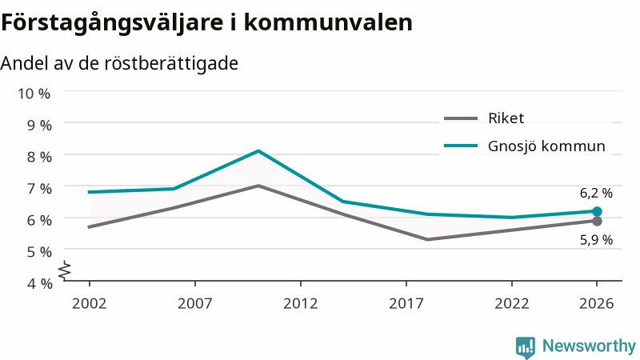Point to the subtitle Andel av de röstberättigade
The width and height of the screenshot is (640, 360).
click(x=119, y=64)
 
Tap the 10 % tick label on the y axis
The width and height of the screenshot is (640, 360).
click(x=34, y=94)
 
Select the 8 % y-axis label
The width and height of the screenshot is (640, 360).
click(x=39, y=157)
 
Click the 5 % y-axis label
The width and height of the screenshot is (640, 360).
click(x=39, y=252)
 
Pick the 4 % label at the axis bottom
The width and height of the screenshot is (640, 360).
click(x=39, y=283)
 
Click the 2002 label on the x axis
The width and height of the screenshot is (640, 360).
click(x=89, y=303)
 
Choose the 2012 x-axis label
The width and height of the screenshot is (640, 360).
click(x=301, y=303)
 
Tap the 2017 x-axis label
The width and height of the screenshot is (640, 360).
click(x=406, y=303)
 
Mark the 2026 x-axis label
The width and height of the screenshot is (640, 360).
click(x=596, y=303)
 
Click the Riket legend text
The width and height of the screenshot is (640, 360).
click(x=506, y=118)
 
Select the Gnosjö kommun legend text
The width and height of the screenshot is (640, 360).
click(x=546, y=146)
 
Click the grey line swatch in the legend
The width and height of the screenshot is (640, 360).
click(x=461, y=118)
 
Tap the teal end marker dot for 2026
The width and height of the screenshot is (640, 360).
click(x=597, y=211)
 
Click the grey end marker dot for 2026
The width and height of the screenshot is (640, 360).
click(x=597, y=222)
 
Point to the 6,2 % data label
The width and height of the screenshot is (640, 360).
click(x=596, y=193)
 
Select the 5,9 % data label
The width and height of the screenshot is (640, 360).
click(x=596, y=240)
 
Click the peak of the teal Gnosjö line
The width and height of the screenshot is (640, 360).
click(x=258, y=151)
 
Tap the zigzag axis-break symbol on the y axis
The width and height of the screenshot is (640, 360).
click(x=65, y=270)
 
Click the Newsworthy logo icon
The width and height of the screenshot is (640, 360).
click(x=526, y=347)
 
